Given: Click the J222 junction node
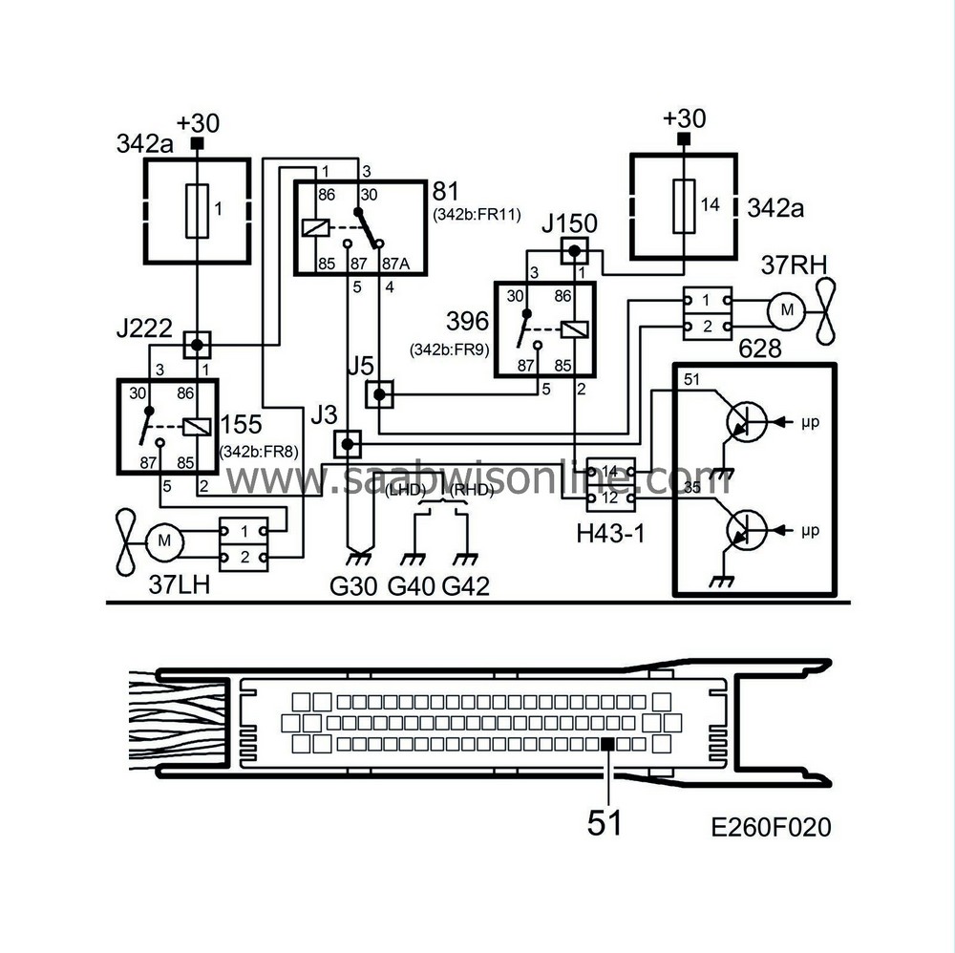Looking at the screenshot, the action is [x=197, y=346].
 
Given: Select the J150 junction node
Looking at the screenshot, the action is [x=574, y=250].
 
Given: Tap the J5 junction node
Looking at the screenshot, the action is [x=379, y=394].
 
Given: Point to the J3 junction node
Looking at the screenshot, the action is [x=348, y=445].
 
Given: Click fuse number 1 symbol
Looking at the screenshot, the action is [x=197, y=210].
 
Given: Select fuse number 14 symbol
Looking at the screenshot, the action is [x=684, y=206].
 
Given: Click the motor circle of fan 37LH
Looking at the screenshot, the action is [x=164, y=540].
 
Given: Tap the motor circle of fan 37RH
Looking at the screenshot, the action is [x=787, y=310].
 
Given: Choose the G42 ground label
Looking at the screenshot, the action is [x=465, y=585].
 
